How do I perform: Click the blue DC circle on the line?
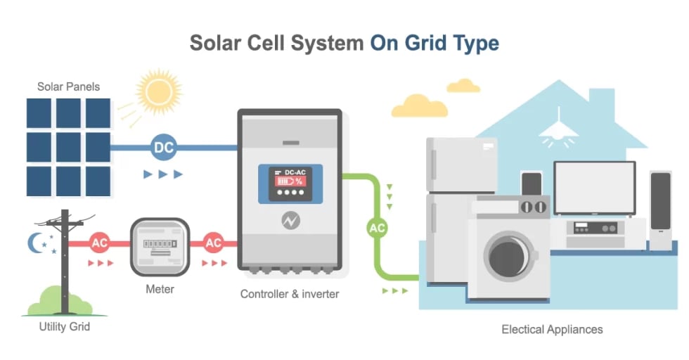pos(163,148)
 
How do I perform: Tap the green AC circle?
pos(378,228)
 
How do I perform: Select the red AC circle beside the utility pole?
pos(100,243)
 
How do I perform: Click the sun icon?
pos(159,90)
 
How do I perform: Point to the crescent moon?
pos(35,243)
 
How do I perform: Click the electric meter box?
pos(160,247)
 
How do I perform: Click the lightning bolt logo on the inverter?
pos(290,220)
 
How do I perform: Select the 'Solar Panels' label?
pos(68,87)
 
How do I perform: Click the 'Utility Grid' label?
pos(64,327)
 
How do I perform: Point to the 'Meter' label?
pos(160,289)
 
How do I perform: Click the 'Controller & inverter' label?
pos(290,294)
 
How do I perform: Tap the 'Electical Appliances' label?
pos(552,329)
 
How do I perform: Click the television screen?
pos(594,187)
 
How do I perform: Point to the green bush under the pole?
pos(61,302)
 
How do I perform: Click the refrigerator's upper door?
pos(461,164)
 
